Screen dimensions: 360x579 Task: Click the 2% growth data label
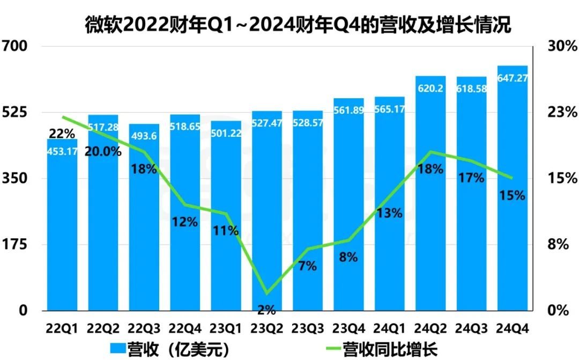pos(266,309)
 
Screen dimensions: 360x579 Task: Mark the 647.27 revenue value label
pos(513,78)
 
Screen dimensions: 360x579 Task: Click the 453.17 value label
pos(62,151)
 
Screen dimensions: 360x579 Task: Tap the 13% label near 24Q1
pos(389,213)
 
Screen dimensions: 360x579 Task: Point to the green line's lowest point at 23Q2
pos(266,293)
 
